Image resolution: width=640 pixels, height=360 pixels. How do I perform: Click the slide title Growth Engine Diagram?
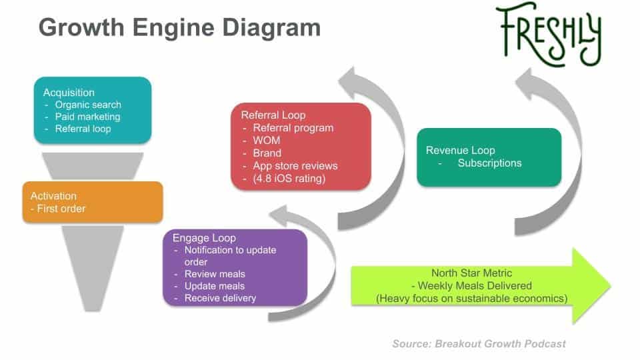(x=179, y=27)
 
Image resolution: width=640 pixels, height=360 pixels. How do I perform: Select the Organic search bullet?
(x=88, y=105)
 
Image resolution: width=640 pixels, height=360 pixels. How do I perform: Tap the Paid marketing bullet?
(x=87, y=117)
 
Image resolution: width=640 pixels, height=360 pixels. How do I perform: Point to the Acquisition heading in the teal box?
(x=69, y=93)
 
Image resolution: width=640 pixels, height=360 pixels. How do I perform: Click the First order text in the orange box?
(x=58, y=209)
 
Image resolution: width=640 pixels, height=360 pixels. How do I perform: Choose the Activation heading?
(x=53, y=196)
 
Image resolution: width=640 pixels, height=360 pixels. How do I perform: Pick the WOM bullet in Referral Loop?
(x=267, y=141)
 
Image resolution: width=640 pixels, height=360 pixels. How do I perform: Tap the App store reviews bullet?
(x=295, y=165)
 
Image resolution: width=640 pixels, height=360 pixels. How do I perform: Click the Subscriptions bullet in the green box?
(x=489, y=163)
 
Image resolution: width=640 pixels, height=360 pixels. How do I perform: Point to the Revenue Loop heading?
(x=460, y=150)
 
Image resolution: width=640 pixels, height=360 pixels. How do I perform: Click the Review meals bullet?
(x=215, y=274)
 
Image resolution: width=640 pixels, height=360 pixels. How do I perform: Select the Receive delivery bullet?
(x=220, y=298)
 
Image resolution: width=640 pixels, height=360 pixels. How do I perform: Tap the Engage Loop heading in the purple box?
(x=204, y=238)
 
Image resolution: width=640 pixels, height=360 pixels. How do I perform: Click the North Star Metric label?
(x=472, y=273)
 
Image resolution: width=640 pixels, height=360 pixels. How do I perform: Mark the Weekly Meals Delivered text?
(x=472, y=286)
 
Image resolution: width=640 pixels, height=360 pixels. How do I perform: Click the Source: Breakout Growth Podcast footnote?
(x=479, y=343)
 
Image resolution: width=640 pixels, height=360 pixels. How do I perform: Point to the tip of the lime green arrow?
(x=609, y=285)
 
